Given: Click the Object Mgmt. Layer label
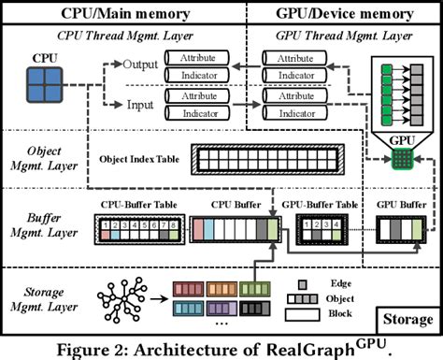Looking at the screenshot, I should click(44, 157).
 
